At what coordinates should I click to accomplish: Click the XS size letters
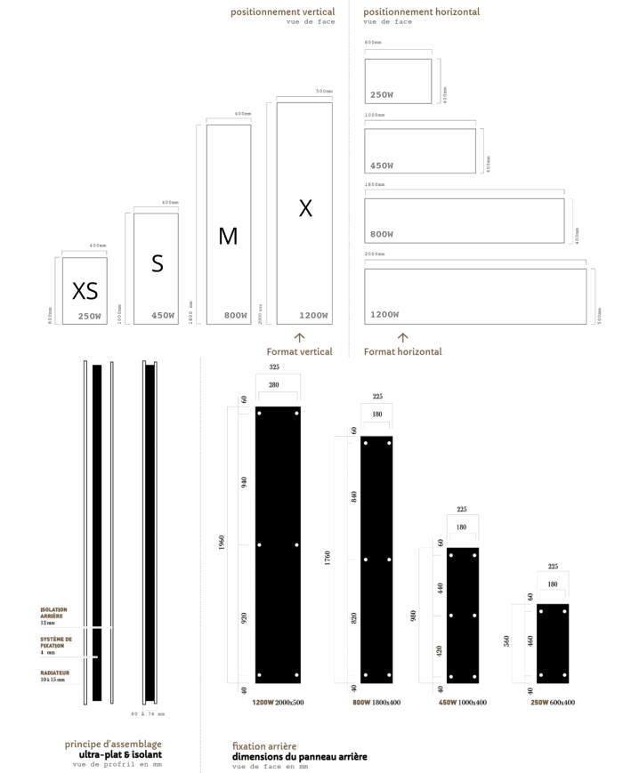(x=85, y=291)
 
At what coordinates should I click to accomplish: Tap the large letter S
(x=158, y=263)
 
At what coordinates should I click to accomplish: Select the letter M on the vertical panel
(x=228, y=236)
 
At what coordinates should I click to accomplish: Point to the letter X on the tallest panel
(x=305, y=208)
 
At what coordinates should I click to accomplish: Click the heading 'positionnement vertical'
(x=283, y=12)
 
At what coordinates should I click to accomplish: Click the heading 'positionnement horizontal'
(x=421, y=12)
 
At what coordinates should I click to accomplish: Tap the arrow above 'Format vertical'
(x=300, y=338)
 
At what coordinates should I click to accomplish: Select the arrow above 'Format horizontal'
(x=402, y=338)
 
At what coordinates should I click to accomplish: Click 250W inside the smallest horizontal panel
(x=382, y=94)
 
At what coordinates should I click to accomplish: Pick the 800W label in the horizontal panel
(x=382, y=234)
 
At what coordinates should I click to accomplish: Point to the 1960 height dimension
(x=221, y=544)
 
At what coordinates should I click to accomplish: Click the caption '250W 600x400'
(x=552, y=703)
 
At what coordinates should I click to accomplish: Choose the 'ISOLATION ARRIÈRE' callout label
(x=53, y=613)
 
